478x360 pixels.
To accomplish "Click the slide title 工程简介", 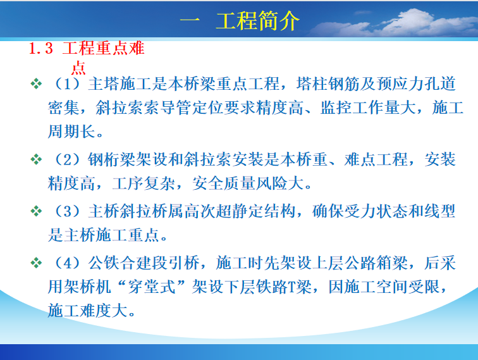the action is [x=257, y=20].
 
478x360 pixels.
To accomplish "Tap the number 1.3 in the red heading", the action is [x=41, y=49].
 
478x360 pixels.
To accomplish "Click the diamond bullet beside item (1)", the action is [x=36, y=84].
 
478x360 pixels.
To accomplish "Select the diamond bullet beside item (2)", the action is [x=36, y=159].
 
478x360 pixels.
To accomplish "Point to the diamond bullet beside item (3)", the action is [x=36, y=211].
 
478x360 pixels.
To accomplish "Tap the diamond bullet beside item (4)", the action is [x=36, y=263].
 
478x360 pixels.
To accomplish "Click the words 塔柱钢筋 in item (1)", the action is [x=328, y=84].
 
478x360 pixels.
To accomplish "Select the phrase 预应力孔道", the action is [x=416, y=84].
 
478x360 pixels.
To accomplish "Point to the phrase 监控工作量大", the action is [x=368, y=108].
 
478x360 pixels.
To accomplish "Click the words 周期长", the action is [x=71, y=132].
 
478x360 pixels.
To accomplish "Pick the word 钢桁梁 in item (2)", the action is [x=111, y=159].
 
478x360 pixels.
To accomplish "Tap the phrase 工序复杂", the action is [x=144, y=183].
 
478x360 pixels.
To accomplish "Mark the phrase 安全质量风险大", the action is [x=248, y=183].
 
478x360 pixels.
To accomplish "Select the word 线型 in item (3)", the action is [x=440, y=211].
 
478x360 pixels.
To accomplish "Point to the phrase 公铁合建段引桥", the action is [x=144, y=263].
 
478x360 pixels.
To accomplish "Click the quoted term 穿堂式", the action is [x=152, y=287].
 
